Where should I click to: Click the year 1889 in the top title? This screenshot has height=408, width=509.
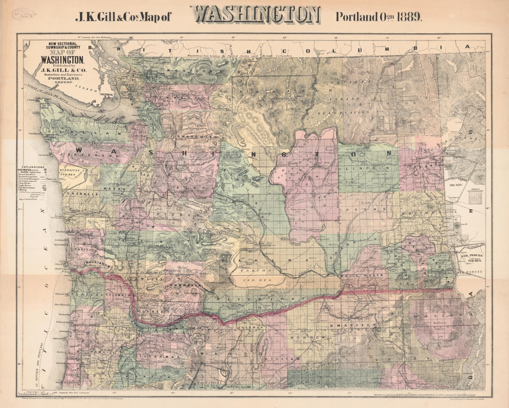click(407, 17)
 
